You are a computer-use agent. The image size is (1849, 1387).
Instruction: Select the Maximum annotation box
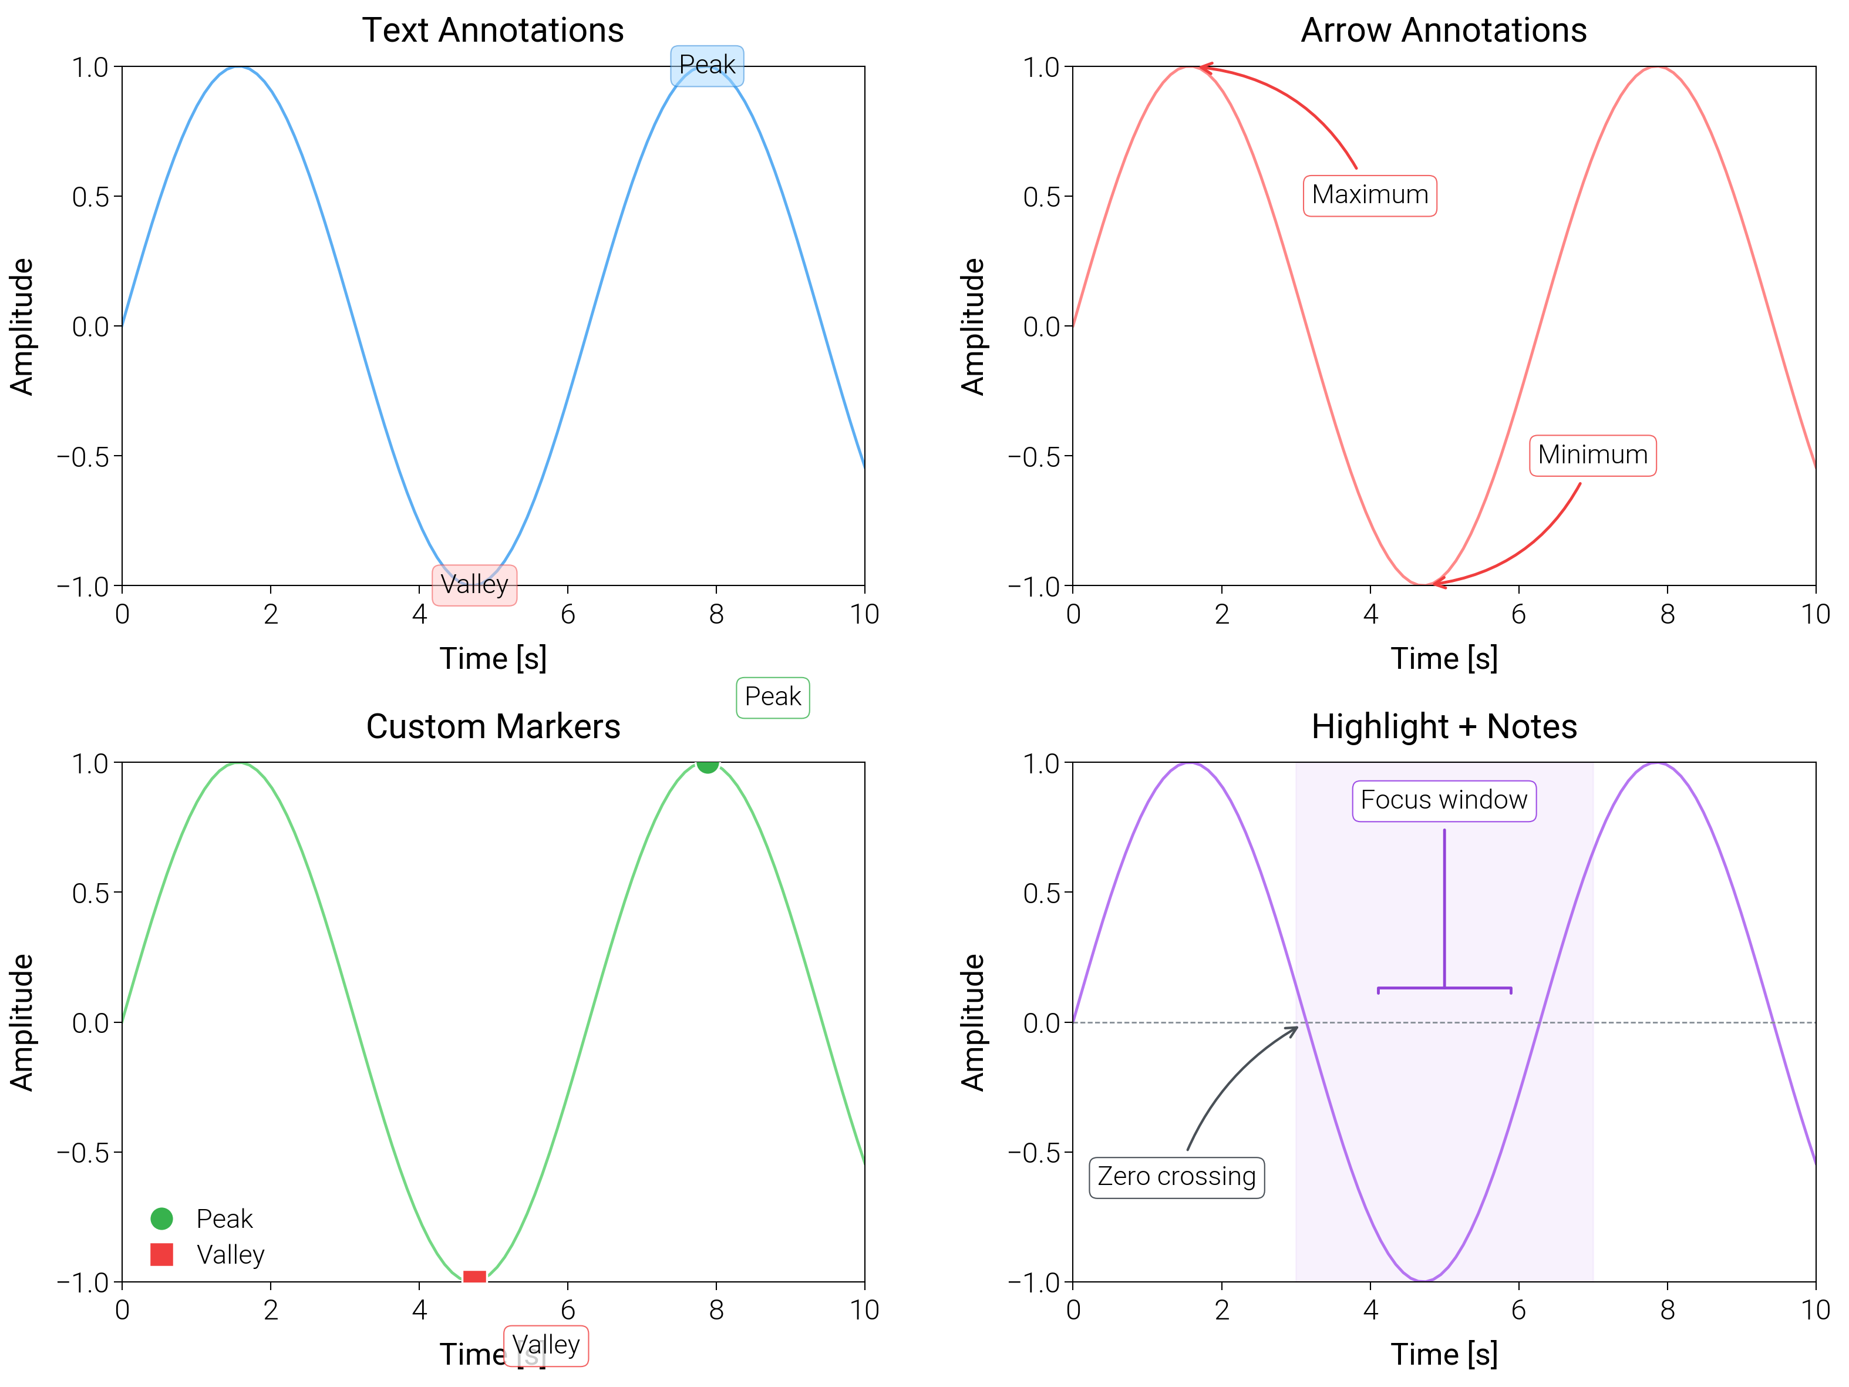point(1369,196)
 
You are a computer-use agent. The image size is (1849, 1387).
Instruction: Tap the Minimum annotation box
point(1592,456)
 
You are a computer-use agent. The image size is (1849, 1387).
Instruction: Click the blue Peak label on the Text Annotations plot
point(706,65)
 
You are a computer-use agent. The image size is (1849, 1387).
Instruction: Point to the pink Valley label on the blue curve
point(474,584)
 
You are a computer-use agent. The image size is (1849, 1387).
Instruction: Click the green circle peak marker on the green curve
point(707,764)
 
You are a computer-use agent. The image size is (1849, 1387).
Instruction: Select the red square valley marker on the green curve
point(474,1277)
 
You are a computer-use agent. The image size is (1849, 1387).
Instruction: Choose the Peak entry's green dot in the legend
point(161,1218)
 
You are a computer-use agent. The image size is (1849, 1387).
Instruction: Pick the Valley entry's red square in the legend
point(161,1254)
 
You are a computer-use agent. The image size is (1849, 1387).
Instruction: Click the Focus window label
point(1444,801)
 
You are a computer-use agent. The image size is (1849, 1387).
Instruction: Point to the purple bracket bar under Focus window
point(1444,988)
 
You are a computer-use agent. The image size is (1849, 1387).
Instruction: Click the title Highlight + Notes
point(1444,726)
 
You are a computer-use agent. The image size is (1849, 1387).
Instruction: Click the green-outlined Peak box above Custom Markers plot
point(772,697)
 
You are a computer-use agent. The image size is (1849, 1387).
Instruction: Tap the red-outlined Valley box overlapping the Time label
point(546,1346)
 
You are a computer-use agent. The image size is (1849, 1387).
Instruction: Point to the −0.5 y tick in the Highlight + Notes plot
point(1033,1153)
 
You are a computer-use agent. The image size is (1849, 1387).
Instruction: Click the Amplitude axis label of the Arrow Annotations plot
point(972,326)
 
